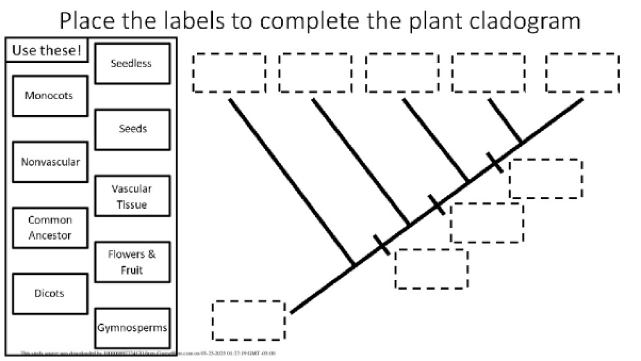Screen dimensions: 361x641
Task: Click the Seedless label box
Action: click(x=132, y=63)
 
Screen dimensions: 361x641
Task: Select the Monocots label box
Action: click(x=49, y=95)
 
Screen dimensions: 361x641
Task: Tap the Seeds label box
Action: click(x=132, y=129)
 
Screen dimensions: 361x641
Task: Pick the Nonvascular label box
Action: click(x=50, y=162)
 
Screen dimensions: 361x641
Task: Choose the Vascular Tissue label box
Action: click(x=132, y=196)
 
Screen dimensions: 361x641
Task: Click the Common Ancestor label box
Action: click(x=50, y=228)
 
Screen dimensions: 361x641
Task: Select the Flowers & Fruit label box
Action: click(x=132, y=262)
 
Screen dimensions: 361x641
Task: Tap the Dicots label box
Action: click(x=50, y=294)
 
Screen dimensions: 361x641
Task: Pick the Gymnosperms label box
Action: click(x=132, y=328)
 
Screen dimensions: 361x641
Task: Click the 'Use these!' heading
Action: click(x=47, y=50)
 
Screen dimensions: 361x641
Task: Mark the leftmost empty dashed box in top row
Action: click(x=229, y=73)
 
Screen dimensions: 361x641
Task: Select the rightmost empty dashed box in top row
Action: click(x=582, y=73)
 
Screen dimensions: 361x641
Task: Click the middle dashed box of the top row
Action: click(x=402, y=73)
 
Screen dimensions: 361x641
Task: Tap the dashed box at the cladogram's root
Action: click(x=249, y=320)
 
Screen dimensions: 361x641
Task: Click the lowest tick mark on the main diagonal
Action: click(x=382, y=244)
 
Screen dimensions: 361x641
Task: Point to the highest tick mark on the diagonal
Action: click(x=495, y=162)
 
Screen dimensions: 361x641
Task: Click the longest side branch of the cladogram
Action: click(x=291, y=181)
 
